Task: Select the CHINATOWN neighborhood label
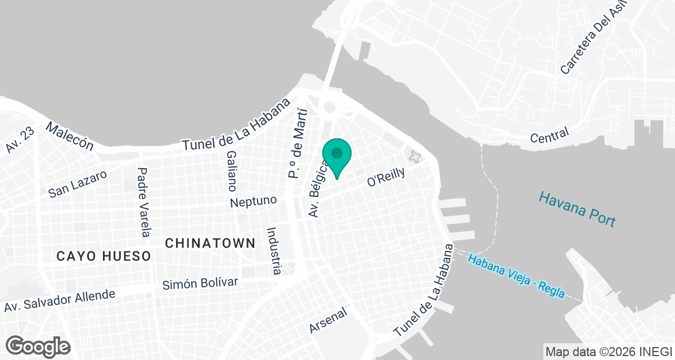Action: (x=210, y=243)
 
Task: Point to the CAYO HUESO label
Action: (x=104, y=256)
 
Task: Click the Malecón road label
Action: (x=70, y=136)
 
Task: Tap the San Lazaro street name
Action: (x=77, y=184)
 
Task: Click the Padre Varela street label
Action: (x=144, y=202)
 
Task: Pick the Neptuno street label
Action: (x=254, y=200)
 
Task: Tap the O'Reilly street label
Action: (x=386, y=177)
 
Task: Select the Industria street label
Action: (x=273, y=250)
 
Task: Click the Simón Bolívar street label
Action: (x=200, y=283)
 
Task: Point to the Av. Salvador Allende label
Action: (x=60, y=300)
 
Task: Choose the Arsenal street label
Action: (x=329, y=320)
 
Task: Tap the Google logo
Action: (x=38, y=346)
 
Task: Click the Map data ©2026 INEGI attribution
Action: (x=609, y=350)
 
